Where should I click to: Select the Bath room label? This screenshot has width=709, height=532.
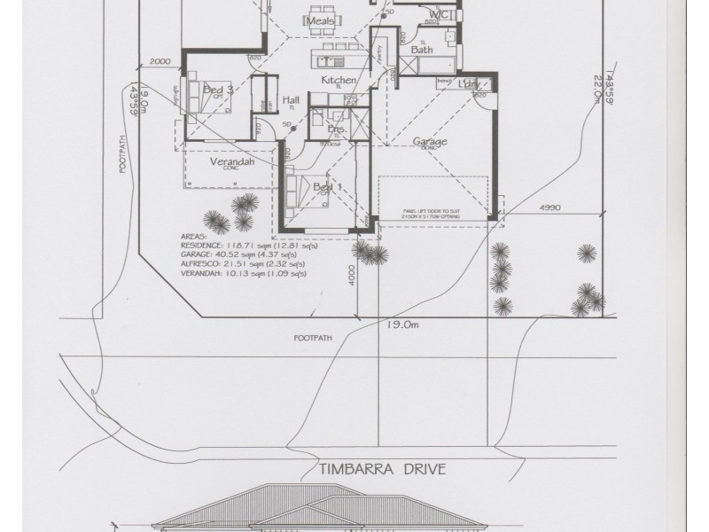click(x=421, y=51)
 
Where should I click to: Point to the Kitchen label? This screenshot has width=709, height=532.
click(x=339, y=81)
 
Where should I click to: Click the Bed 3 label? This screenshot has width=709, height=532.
click(x=218, y=90)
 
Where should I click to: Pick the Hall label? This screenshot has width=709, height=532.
click(x=291, y=101)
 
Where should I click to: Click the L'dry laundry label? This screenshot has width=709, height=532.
click(x=470, y=83)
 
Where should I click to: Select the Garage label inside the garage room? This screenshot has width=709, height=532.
click(x=430, y=141)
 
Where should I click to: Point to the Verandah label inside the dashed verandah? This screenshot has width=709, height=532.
click(x=227, y=163)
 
